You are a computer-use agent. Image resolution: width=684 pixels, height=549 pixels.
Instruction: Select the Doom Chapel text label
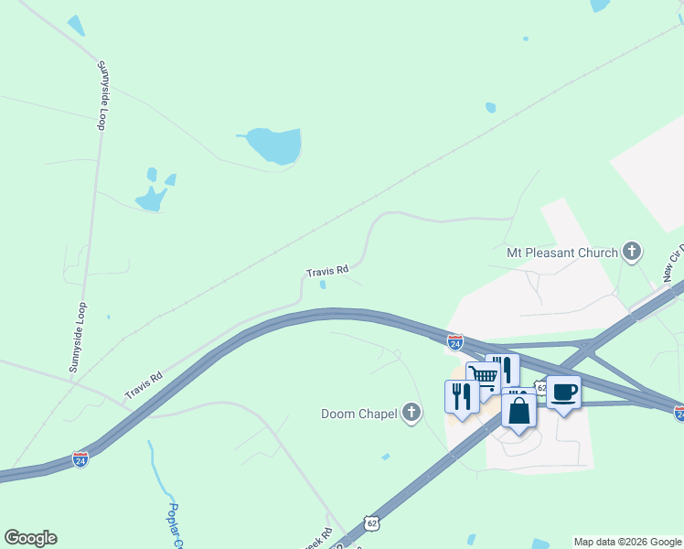pos(359,414)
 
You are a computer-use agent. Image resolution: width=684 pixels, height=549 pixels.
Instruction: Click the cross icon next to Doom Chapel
pos(411,414)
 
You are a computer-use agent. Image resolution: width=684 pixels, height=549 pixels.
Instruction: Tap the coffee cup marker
pos(563,393)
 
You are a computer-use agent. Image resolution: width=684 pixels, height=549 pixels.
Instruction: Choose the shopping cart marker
pos(483,376)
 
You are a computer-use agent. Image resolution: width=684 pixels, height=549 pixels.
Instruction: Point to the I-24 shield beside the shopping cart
pos(455,341)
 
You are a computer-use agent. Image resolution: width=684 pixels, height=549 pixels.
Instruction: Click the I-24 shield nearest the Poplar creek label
pos(81,459)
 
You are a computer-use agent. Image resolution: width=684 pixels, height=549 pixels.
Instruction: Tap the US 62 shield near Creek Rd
pos(370,522)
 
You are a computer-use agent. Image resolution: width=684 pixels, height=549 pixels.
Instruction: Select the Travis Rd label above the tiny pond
pos(327,271)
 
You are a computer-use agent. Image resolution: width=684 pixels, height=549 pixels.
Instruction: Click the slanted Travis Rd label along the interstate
pos(144,385)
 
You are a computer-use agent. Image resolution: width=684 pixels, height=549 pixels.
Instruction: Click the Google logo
pos(31,538)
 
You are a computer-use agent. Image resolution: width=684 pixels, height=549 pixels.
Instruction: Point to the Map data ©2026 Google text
pos(628,542)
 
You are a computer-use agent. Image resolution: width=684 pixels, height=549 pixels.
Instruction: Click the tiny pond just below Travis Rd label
pos(323,285)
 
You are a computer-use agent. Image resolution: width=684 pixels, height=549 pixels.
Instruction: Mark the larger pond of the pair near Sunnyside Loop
pos(151,198)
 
